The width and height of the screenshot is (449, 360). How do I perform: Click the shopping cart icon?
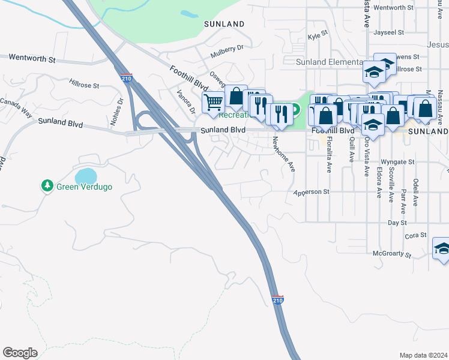coord(213,103)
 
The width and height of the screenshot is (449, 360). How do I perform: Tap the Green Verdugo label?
coord(85,187)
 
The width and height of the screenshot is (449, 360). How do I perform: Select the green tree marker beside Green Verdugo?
coord(47,186)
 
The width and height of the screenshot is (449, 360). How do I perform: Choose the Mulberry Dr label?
coord(227,51)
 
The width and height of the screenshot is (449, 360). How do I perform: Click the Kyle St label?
coord(318,37)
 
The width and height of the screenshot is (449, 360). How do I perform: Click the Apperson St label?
coord(312,192)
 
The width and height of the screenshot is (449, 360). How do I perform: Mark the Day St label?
coord(393,222)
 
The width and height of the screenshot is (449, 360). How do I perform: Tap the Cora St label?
coord(415,236)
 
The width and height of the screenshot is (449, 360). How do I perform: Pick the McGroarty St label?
coord(391,254)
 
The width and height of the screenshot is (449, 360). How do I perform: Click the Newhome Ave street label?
coord(284,154)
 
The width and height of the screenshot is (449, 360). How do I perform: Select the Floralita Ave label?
coord(329,156)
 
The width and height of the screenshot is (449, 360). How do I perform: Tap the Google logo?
coord(20,353)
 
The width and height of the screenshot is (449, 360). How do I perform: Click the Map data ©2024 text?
coord(423,355)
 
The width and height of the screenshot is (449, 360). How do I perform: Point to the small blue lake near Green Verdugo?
coord(85,176)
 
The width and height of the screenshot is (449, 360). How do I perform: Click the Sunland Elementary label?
coord(329,62)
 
